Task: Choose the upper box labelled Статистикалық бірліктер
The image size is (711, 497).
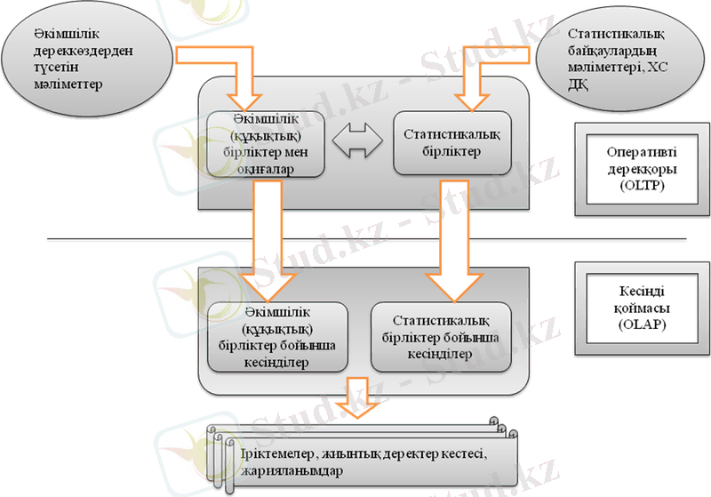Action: pyautogui.click(x=451, y=142)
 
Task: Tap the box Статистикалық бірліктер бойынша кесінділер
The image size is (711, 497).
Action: pyautogui.click(x=440, y=337)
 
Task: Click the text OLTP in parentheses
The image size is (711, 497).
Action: pyautogui.click(x=637, y=187)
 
